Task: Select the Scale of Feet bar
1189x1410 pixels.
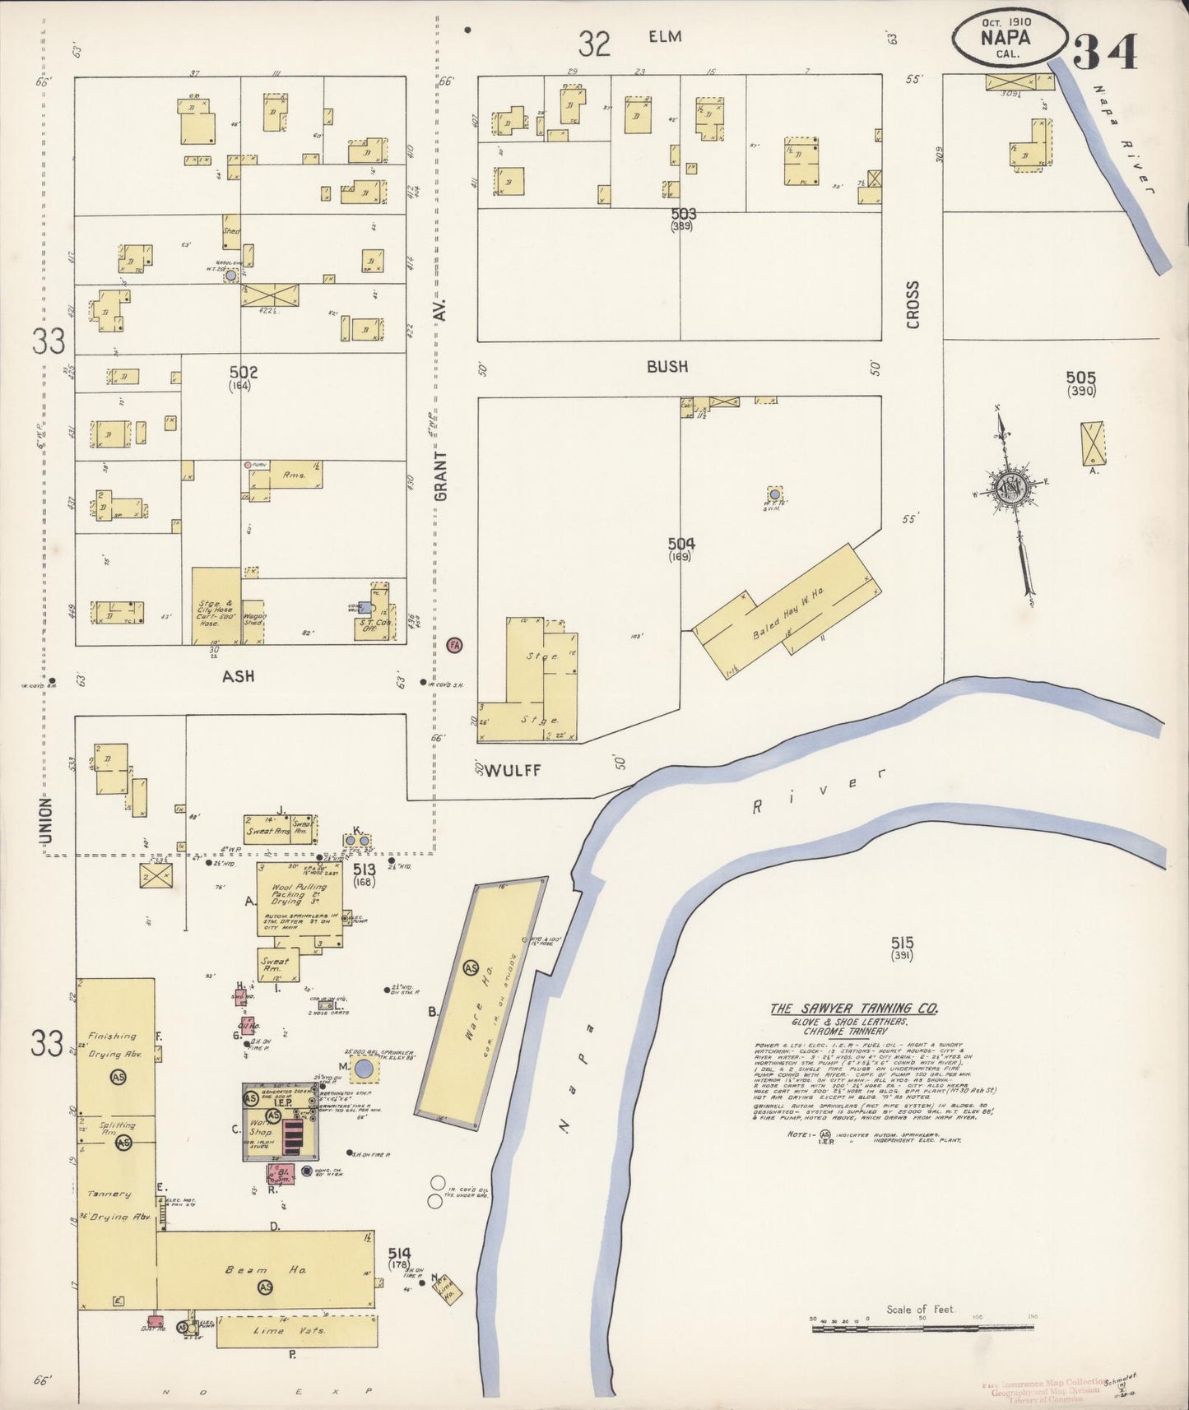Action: pos(922,1326)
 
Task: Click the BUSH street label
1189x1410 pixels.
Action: pos(666,367)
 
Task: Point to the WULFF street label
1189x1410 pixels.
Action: pos(513,771)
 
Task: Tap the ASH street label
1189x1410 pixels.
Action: pos(238,676)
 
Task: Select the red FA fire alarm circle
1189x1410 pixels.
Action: pos(453,646)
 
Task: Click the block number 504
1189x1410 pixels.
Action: pos(680,543)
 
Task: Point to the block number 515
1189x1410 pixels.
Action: pos(902,943)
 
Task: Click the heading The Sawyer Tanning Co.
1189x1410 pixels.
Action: pos(853,1009)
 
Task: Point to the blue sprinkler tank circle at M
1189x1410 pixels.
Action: pos(363,1070)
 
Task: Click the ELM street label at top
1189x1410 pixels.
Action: pos(665,37)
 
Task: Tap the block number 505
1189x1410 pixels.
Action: pos(1080,378)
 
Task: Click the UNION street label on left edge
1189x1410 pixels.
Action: pos(45,819)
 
